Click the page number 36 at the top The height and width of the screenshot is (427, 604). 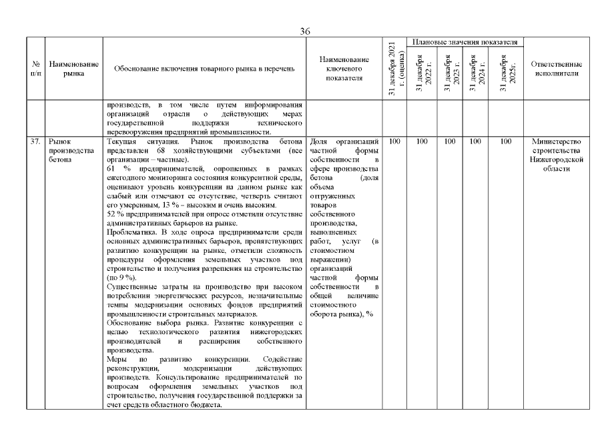click(305, 31)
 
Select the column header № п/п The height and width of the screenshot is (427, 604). click(35, 69)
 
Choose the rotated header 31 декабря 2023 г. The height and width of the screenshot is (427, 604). click(448, 73)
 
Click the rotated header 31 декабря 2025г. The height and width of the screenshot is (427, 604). click(505, 73)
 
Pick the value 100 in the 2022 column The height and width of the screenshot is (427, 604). click(422, 141)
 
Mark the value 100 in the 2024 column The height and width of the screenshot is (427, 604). click(477, 141)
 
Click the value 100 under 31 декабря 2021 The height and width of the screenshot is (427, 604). click(393, 141)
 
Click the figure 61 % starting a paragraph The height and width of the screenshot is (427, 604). click(117, 169)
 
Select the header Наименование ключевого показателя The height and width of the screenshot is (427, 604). click(344, 69)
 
